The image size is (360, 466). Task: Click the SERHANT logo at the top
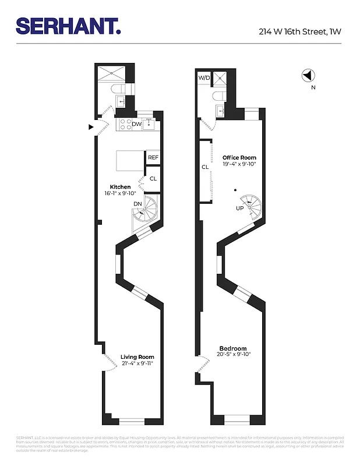pyautogui.click(x=68, y=26)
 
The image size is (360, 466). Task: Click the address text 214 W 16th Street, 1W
pyautogui.click(x=299, y=32)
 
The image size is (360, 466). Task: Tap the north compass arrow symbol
pyautogui.click(x=308, y=75)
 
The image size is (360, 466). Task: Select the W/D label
pyautogui.click(x=204, y=77)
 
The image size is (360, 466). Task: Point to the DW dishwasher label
pyautogui.click(x=136, y=124)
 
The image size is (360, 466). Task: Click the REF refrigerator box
pyautogui.click(x=153, y=158)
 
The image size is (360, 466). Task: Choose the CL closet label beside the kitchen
pyautogui.click(x=153, y=179)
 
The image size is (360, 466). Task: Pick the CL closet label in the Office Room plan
pyautogui.click(x=205, y=167)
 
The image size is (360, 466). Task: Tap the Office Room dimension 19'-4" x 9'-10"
pyautogui.click(x=239, y=164)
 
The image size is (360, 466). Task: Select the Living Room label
pyautogui.click(x=137, y=357)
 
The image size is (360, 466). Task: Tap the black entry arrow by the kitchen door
pyautogui.click(x=90, y=126)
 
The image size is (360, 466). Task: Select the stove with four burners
pyautogui.click(x=124, y=124)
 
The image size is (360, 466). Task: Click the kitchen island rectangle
pyautogui.click(x=130, y=160)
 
